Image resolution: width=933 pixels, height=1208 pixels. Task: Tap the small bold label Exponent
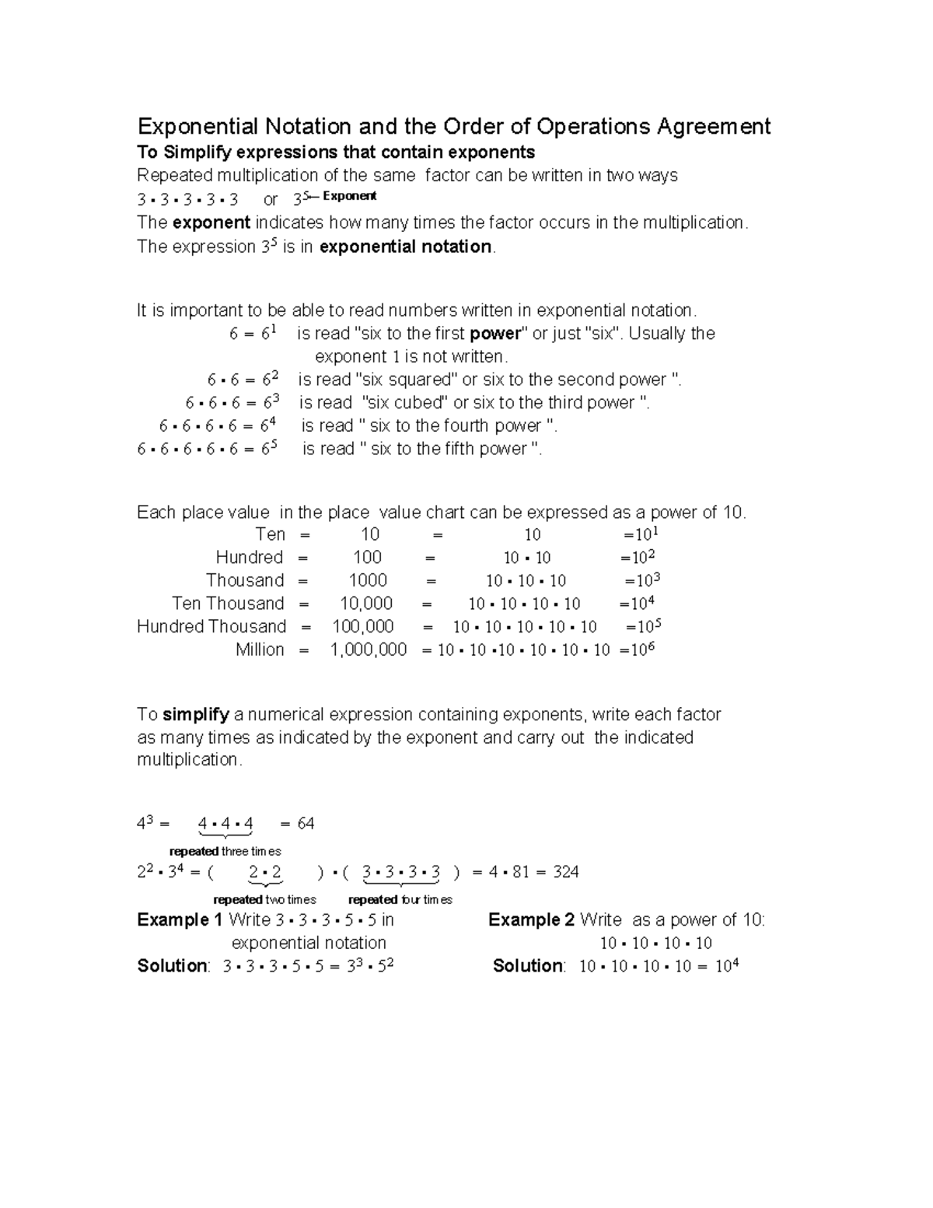[x=349, y=196]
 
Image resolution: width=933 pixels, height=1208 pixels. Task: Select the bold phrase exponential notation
[x=406, y=247]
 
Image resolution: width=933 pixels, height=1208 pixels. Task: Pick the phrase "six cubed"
[x=406, y=403]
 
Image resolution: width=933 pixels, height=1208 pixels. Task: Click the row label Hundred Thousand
[x=211, y=627]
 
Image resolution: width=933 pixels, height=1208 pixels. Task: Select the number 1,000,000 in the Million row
[x=369, y=650]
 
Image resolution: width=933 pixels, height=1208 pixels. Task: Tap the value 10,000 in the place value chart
[x=366, y=604]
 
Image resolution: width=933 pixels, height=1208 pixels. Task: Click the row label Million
[x=260, y=650]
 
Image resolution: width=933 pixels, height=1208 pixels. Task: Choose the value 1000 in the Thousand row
[x=368, y=581]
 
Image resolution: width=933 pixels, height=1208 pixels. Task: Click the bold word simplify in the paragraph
[x=196, y=715]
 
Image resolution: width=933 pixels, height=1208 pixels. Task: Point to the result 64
[x=306, y=824]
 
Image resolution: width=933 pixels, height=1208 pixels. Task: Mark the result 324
[x=565, y=872]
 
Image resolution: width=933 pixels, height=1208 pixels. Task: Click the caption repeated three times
[x=225, y=851]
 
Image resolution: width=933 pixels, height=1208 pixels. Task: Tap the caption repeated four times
[x=400, y=899]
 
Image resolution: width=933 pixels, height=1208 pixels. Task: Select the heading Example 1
[x=180, y=920]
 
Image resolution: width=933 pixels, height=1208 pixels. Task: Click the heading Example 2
[x=531, y=920]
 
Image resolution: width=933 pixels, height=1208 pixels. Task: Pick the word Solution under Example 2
[x=529, y=966]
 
